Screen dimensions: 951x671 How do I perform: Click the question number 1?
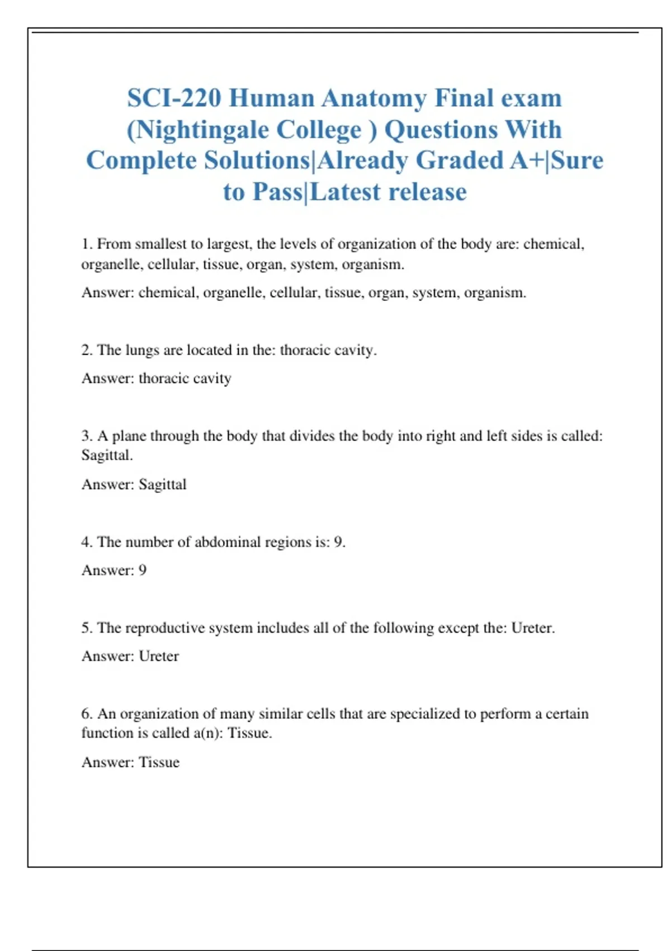86,244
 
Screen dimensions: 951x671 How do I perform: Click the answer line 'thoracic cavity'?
185,379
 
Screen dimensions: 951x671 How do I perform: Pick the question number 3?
86,436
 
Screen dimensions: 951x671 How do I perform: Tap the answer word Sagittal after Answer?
162,484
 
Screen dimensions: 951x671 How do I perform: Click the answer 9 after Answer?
143,571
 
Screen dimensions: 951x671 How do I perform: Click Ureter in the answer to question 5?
159,656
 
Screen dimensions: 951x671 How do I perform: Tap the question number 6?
86,714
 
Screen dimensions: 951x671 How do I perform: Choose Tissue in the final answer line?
159,762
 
